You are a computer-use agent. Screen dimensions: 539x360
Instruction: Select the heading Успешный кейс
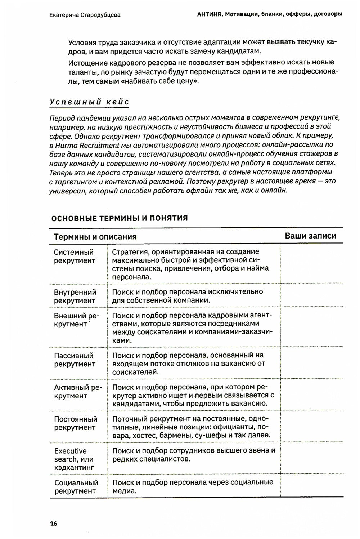89,102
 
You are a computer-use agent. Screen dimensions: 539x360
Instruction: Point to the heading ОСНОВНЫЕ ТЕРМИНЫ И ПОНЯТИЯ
119,218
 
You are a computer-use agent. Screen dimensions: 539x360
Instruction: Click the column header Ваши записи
310,236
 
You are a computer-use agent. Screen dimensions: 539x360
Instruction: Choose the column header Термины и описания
95,237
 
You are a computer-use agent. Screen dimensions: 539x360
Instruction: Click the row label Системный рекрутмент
75,256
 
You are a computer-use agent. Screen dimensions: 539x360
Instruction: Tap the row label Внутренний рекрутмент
75,296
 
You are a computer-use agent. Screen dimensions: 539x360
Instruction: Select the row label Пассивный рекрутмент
75,360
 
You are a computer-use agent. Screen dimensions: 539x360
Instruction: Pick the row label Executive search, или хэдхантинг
74,459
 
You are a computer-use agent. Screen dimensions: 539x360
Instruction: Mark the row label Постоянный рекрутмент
76,423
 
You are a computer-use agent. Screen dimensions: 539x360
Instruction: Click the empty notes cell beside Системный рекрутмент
311,264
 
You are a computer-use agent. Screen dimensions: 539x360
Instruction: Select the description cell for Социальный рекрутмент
193,486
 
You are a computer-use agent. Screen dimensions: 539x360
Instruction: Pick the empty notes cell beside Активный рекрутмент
311,395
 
